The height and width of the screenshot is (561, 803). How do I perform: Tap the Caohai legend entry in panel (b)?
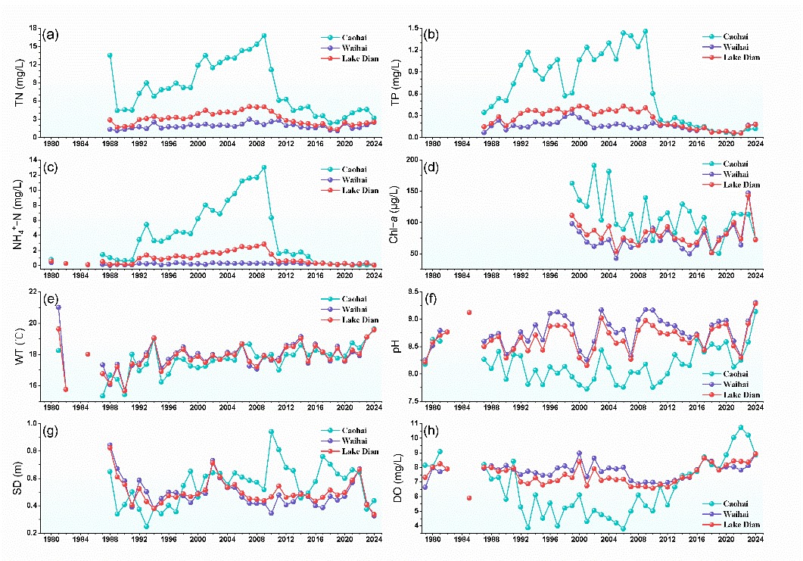[729, 36]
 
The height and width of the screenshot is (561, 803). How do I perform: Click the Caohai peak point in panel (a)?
[264, 36]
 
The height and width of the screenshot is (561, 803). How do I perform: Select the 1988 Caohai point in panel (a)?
[110, 55]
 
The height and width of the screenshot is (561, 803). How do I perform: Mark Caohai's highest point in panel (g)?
[271, 432]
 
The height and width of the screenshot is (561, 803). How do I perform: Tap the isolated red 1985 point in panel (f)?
[469, 312]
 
